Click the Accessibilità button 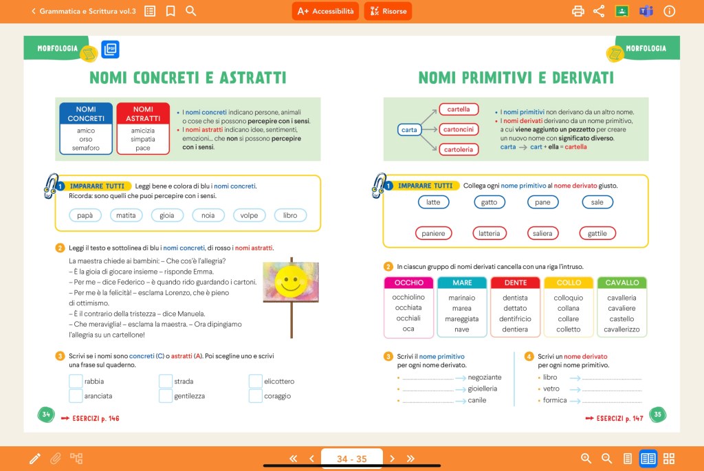[325, 11]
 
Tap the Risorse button [388, 11]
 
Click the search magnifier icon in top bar [191, 11]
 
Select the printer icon [578, 11]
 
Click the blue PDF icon [110, 49]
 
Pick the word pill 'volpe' [249, 215]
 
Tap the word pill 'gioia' [167, 215]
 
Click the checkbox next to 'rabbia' [76, 381]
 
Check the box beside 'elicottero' [256, 381]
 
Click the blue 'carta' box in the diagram [409, 129]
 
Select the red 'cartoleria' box [459, 149]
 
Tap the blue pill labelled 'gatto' [489, 202]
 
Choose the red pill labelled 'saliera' [542, 234]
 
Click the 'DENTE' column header [516, 283]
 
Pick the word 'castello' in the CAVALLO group [621, 319]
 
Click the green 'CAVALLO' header [621, 283]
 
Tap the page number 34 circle [46, 415]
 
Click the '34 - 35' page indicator [351, 459]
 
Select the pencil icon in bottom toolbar [34, 459]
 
